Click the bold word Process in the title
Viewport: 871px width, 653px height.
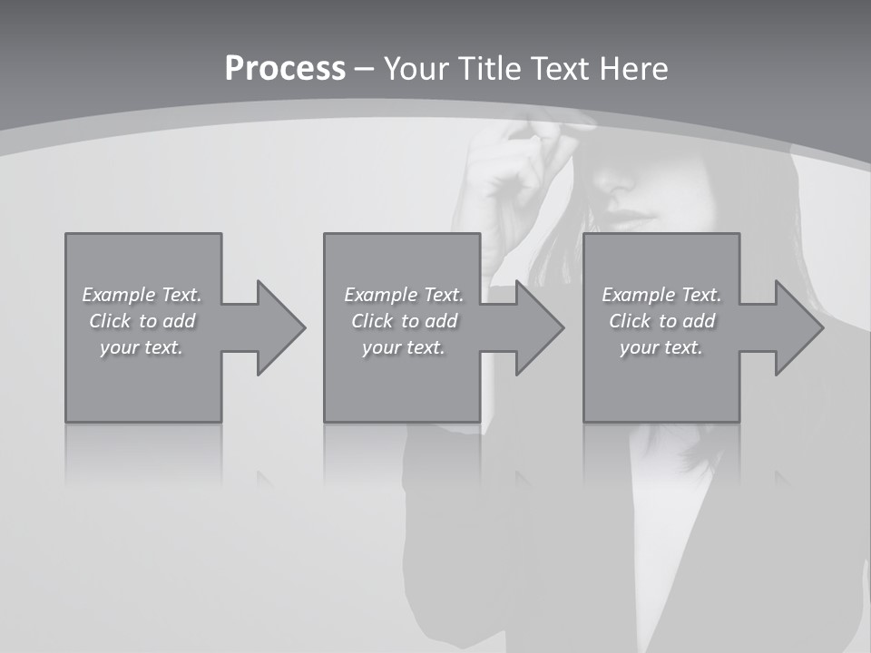click(x=285, y=69)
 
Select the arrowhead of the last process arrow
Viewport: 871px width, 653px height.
click(x=798, y=327)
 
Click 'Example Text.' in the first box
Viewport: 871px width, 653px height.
click(x=142, y=295)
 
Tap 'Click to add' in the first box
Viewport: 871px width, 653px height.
click(x=142, y=321)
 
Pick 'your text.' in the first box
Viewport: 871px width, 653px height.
click(x=142, y=347)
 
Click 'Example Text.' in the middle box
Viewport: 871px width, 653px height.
click(x=404, y=295)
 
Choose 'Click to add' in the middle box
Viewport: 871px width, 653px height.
click(x=405, y=321)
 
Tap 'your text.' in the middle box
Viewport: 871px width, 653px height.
click(x=404, y=347)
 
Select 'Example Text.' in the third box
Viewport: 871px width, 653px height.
click(x=661, y=295)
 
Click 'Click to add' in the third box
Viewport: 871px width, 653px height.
click(x=662, y=321)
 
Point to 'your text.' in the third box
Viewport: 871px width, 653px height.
click(x=661, y=347)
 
